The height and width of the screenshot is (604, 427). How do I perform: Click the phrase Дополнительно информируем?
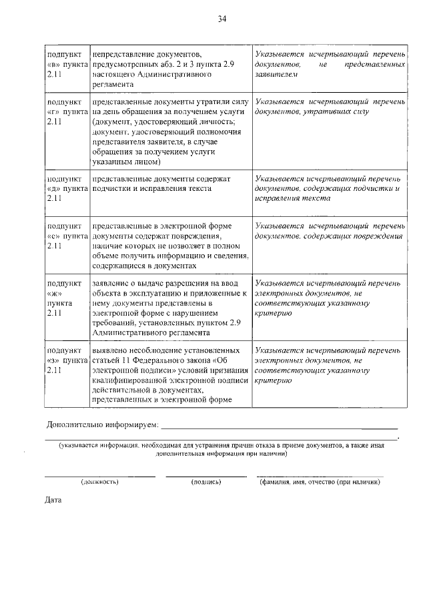click(102, 424)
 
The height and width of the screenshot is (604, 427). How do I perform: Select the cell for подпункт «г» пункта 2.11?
click(66, 115)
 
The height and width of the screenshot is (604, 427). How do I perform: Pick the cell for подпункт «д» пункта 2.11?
click(66, 189)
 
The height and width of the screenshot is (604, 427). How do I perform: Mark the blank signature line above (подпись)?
click(205, 475)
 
